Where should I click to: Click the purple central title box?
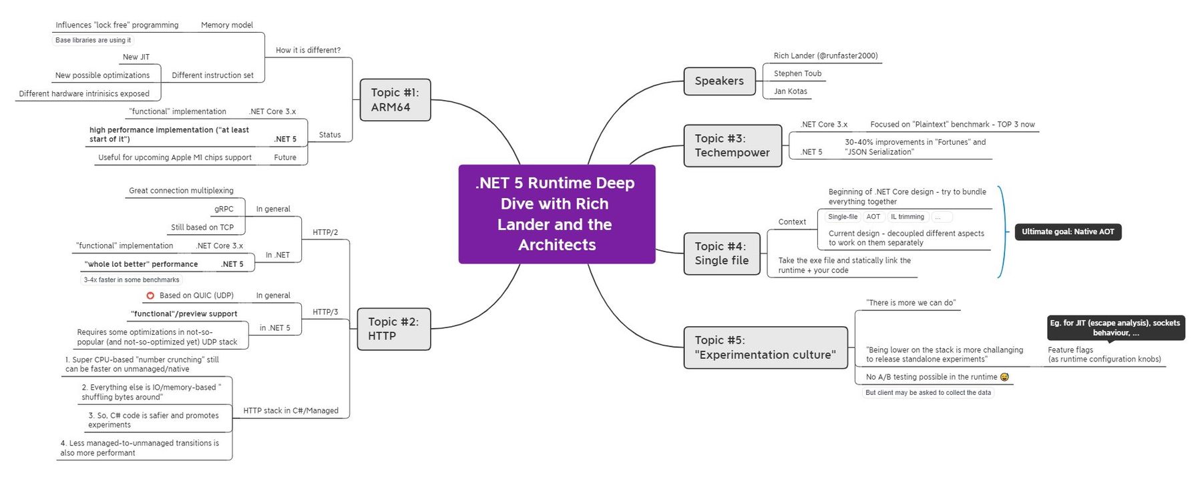tap(556, 214)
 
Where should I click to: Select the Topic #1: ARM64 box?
tap(395, 100)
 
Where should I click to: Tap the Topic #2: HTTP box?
tap(393, 329)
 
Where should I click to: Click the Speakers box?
tap(719, 81)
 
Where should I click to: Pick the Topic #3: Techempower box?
tap(732, 145)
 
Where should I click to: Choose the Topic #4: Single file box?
tap(721, 254)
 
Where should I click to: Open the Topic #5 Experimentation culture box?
tap(765, 348)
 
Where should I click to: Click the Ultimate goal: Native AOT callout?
tap(1067, 231)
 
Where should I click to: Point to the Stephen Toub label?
tap(797, 73)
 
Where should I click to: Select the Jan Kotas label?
tap(790, 91)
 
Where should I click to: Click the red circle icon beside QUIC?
tap(150, 296)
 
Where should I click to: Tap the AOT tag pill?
tap(873, 217)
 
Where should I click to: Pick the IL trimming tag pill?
tap(907, 217)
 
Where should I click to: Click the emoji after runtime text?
tap(1004, 377)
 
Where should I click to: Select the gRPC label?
tap(224, 209)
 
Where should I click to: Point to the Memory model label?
tap(227, 25)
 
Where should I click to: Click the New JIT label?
tap(136, 57)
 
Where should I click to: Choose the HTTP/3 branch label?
tap(325, 312)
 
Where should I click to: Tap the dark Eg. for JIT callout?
tap(1115, 328)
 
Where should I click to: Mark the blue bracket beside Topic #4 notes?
tap(1002, 231)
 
